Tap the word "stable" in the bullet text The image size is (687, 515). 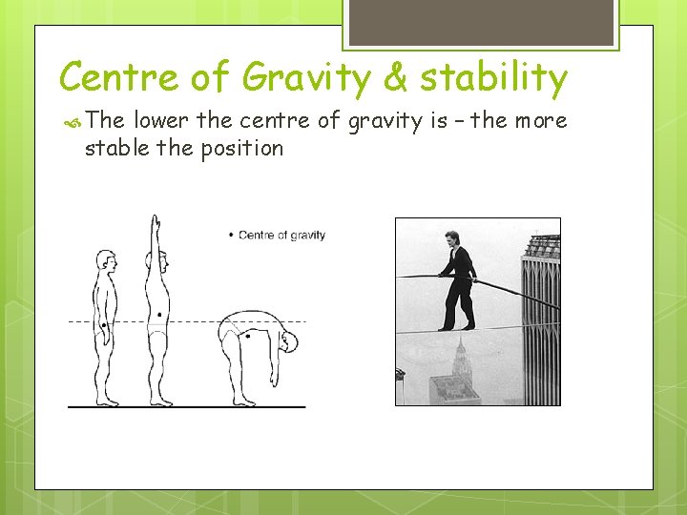[114, 149]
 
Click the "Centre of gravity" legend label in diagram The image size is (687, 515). [281, 235]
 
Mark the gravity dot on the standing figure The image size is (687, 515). [103, 327]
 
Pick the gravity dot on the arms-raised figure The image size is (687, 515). [159, 314]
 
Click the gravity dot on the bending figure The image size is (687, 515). [248, 336]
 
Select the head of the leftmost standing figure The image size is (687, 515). [105, 260]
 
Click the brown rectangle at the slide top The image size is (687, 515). [480, 21]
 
